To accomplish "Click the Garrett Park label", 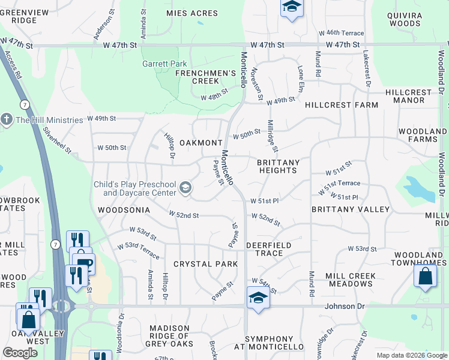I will click(164, 64).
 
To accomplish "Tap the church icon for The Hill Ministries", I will click(7, 119).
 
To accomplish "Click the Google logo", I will click(20, 353).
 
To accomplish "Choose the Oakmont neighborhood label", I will click(201, 143).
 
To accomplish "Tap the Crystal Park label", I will click(201, 264).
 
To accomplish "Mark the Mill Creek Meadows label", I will click(351, 280).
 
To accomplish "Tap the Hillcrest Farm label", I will click(342, 105).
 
